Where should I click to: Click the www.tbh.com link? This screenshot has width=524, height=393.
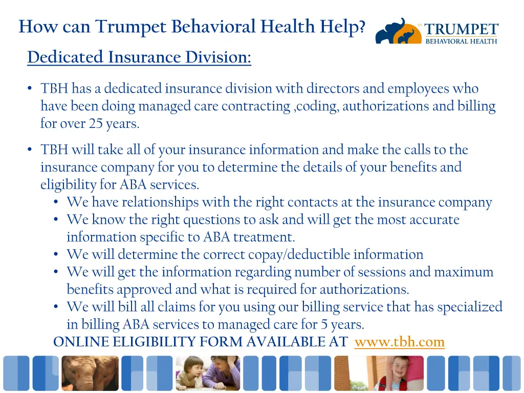tap(399, 342)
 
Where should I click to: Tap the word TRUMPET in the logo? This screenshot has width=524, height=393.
tap(461, 30)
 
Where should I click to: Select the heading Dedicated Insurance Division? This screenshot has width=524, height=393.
tap(139, 57)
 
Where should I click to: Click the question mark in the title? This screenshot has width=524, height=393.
tap(362, 26)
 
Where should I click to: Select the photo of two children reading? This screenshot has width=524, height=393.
tap(208, 373)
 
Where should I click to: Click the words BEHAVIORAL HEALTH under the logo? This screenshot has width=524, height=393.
tap(461, 41)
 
